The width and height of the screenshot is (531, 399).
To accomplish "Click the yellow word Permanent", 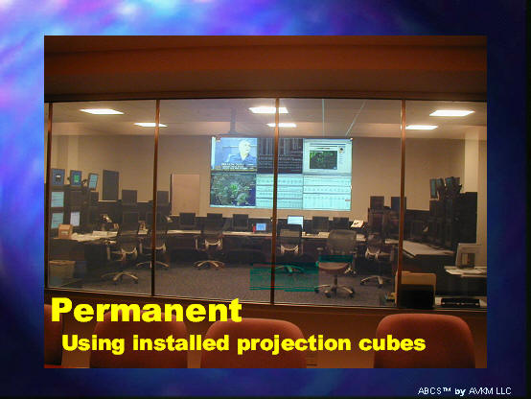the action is [147, 310].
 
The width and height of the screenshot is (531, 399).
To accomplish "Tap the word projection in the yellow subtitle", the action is [294, 343].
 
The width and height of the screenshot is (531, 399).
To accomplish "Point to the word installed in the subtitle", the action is [180, 342].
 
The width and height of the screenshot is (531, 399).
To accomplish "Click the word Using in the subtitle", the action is [93, 343].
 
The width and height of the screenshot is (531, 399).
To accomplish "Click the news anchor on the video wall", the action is [242, 153].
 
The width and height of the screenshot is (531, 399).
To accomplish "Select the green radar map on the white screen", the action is [323, 159].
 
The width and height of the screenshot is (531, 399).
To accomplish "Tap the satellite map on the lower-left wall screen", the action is [233, 189].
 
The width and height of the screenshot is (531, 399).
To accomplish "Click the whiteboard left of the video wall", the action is [185, 195].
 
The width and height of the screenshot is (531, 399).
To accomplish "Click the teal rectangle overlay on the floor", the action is [284, 276].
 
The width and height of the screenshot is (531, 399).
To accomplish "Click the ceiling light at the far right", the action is [451, 113].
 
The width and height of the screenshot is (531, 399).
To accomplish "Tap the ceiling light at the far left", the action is [102, 111].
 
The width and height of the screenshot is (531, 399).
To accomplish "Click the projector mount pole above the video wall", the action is [232, 121].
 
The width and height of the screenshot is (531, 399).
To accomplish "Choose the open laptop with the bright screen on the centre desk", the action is [295, 222].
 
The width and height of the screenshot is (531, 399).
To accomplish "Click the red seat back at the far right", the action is [426, 340].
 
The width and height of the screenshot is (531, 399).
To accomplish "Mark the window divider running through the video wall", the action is [276, 200].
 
